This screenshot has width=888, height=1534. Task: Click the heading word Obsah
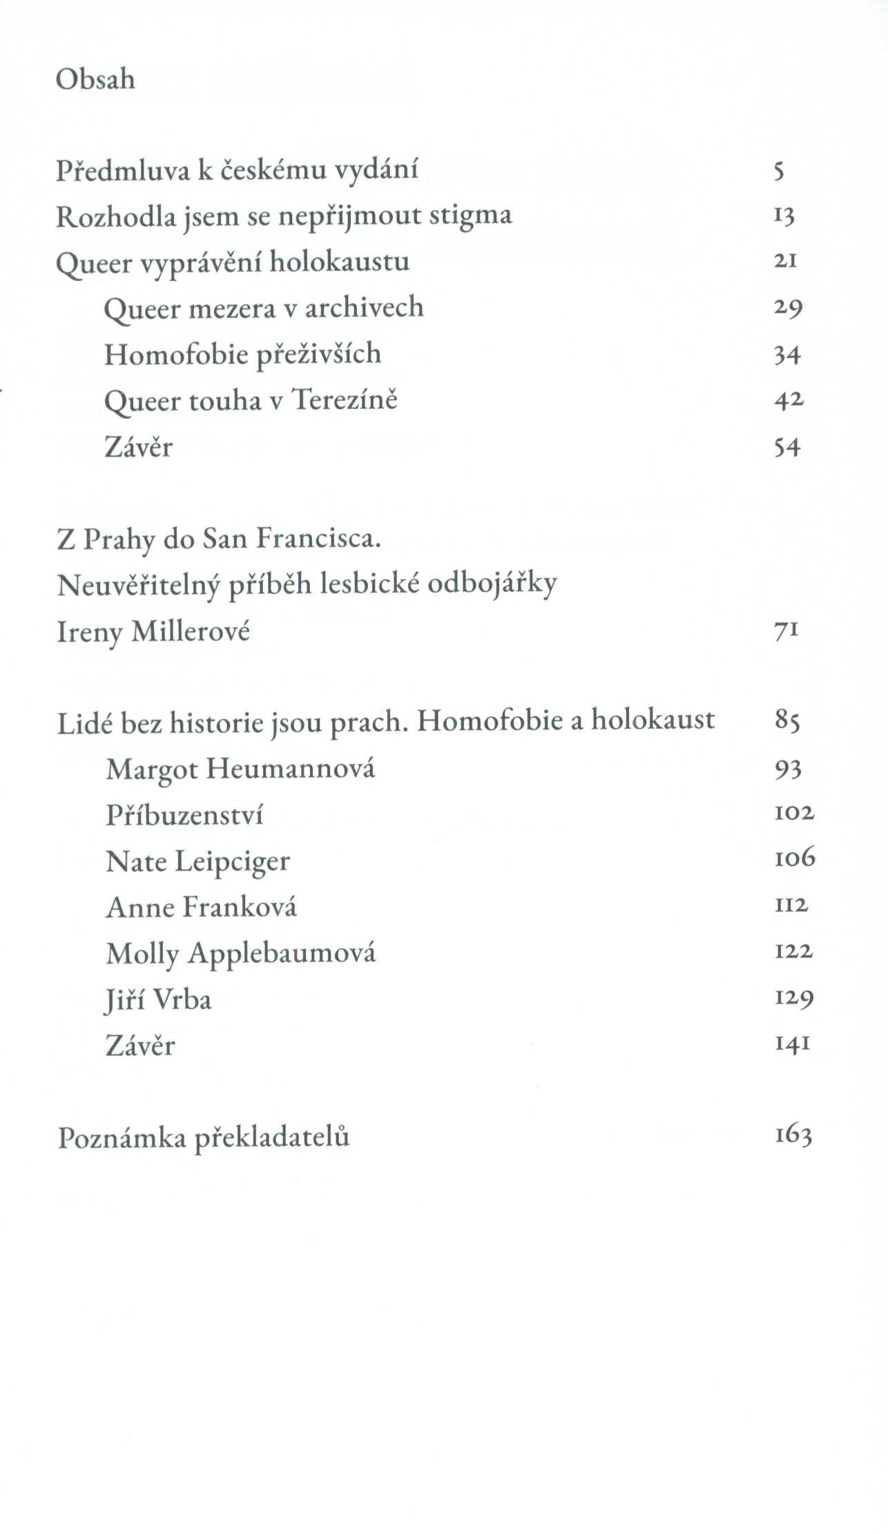click(x=95, y=80)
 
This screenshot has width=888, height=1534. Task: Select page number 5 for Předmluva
click(x=780, y=171)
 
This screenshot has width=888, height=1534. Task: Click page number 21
click(x=786, y=262)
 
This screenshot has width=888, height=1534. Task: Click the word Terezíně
click(x=345, y=401)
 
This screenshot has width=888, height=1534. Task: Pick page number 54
click(x=786, y=448)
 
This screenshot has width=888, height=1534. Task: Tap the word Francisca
click(x=319, y=539)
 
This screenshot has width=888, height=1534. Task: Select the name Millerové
click(x=190, y=631)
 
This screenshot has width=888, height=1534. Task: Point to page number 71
click(x=786, y=631)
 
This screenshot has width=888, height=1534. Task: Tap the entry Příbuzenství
click(x=184, y=816)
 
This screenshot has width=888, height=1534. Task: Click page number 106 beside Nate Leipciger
click(x=794, y=859)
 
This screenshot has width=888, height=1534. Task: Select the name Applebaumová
click(x=282, y=954)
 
